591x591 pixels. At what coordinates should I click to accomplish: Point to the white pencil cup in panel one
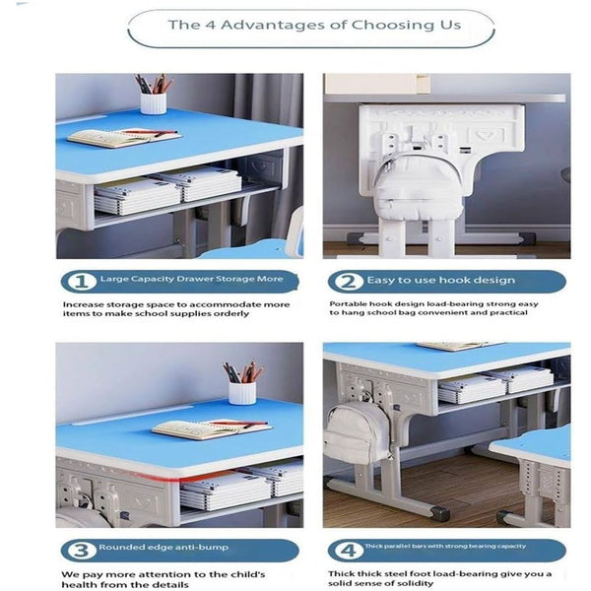click(153, 102)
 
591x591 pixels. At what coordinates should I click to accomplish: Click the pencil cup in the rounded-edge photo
click(241, 391)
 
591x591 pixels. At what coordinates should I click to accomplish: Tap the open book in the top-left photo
click(122, 138)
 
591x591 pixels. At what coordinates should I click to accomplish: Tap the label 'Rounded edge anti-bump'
click(153, 549)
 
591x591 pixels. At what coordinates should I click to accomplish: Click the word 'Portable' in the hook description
click(346, 304)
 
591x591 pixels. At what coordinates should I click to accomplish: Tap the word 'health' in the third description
click(83, 583)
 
